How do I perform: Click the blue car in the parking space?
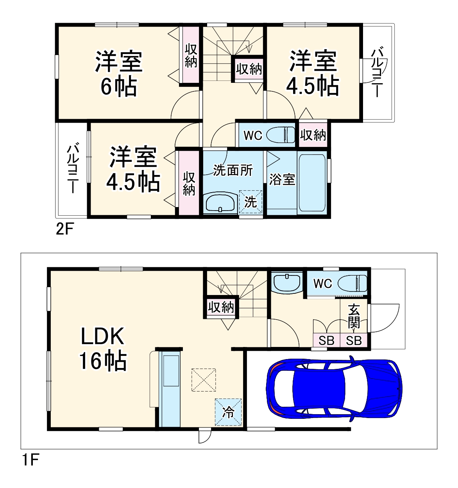[x=334, y=389]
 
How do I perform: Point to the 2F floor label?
[x=64, y=229]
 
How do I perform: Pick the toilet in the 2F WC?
[x=281, y=135]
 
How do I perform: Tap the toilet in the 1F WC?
[x=352, y=283]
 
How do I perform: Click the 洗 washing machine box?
[x=250, y=202]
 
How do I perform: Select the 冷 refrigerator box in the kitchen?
[x=228, y=412]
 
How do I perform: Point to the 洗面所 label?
[x=233, y=170]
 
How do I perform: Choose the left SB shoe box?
[x=326, y=341]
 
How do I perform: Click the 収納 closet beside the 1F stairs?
[x=221, y=308]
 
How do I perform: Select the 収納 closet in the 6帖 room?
[x=191, y=55]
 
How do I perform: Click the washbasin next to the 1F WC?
[x=287, y=282]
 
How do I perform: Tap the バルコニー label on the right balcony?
[x=377, y=72]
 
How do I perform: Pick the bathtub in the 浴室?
[x=312, y=183]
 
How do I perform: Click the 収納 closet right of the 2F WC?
[x=313, y=135]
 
